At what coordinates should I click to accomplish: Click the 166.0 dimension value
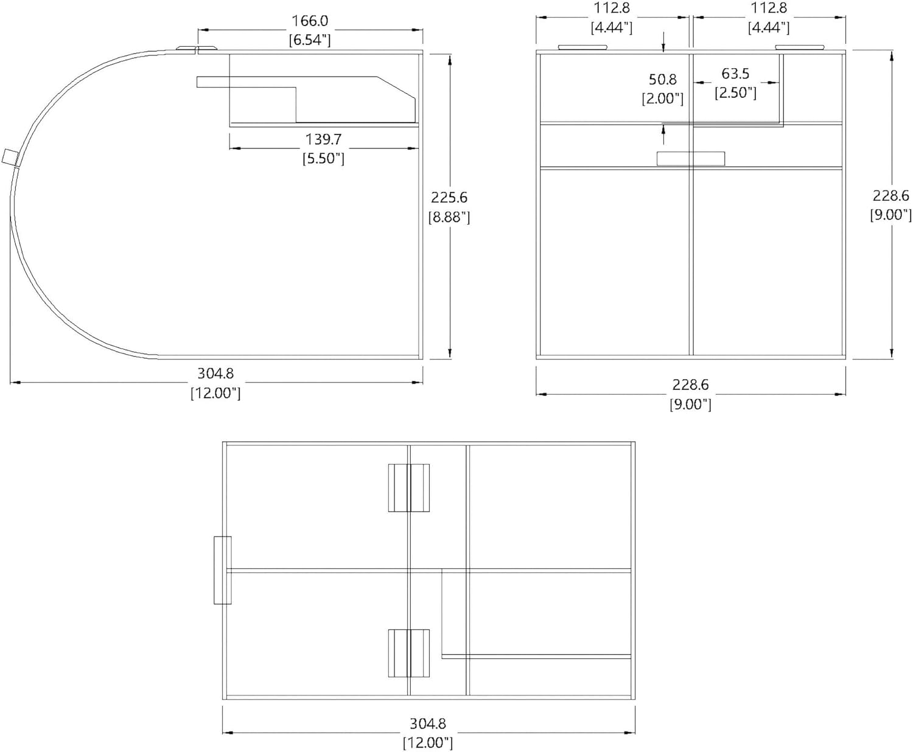click(309, 21)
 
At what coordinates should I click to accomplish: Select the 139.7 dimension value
click(323, 139)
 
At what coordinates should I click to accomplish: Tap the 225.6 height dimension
click(449, 197)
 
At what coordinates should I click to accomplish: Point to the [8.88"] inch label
click(449, 217)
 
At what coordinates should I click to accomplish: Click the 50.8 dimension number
click(663, 80)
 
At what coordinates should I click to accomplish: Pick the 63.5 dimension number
click(735, 74)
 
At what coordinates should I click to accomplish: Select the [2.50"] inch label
click(735, 92)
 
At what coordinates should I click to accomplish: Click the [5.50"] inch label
click(323, 158)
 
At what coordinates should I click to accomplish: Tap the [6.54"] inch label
click(309, 40)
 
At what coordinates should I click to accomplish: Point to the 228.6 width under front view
click(690, 385)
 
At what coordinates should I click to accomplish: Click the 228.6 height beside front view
click(890, 195)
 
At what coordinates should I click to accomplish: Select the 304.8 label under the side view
click(215, 374)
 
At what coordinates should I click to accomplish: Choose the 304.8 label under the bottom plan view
click(427, 723)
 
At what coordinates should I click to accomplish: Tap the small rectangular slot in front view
click(691, 158)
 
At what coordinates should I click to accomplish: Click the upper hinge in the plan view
click(409, 488)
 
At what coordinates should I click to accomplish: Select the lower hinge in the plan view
click(409, 653)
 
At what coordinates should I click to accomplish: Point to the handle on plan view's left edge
click(223, 570)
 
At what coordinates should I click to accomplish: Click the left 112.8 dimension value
click(612, 8)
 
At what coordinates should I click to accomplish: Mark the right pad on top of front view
click(800, 47)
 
